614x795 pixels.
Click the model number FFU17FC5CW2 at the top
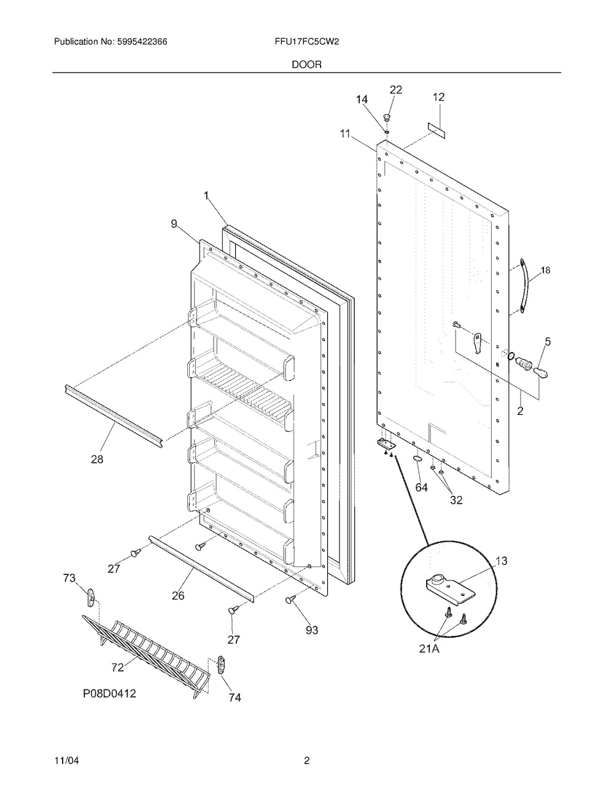click(x=306, y=42)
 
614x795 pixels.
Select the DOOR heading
click(x=306, y=65)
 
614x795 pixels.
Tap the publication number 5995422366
click(x=142, y=42)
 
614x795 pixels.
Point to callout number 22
click(x=396, y=90)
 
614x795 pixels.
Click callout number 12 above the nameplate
click(x=438, y=97)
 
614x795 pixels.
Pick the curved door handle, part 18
click(x=525, y=286)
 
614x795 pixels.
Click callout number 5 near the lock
click(x=548, y=342)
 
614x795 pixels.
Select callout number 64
click(x=421, y=487)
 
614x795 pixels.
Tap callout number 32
click(x=456, y=499)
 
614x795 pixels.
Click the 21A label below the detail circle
click(x=429, y=649)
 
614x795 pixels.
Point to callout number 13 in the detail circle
click(x=502, y=560)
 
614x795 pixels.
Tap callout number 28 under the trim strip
click(x=97, y=459)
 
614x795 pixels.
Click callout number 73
click(x=69, y=578)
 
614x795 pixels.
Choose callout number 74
click(x=235, y=698)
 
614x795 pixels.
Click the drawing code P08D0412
click(x=110, y=693)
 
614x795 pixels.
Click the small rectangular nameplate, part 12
click(x=437, y=131)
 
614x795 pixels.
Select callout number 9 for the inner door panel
click(x=174, y=224)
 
